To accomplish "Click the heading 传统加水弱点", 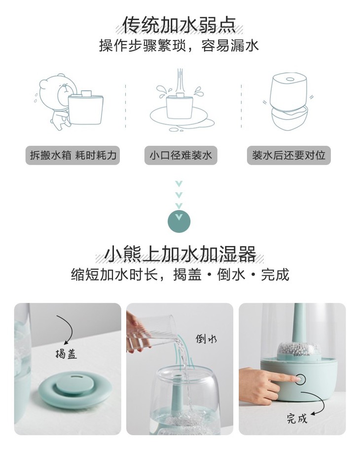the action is [x=179, y=25].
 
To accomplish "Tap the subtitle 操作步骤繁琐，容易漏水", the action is [x=179, y=46].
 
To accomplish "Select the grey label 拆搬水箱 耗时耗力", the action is [x=72, y=155].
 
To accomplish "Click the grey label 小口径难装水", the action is [x=180, y=155].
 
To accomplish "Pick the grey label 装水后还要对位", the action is [x=288, y=155].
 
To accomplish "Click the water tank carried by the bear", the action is [x=85, y=107].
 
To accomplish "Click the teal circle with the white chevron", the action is [x=179, y=221].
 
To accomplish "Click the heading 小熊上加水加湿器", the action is [x=180, y=254].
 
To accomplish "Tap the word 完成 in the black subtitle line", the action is [x=275, y=275].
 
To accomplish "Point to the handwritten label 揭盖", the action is [x=66, y=354].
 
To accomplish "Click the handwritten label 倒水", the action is [x=206, y=339].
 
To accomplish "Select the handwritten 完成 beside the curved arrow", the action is [x=297, y=418].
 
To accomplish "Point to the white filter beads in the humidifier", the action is [x=298, y=349].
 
